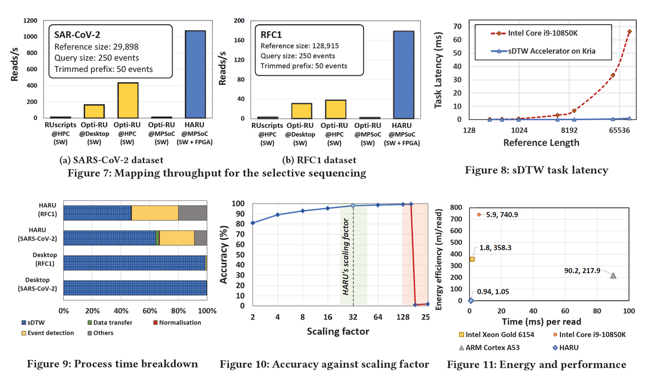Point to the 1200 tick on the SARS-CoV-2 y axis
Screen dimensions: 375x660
point(30,21)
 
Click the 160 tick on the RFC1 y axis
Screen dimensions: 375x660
point(239,40)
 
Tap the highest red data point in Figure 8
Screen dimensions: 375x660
point(629,32)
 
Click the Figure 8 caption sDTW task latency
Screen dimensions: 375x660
point(536,170)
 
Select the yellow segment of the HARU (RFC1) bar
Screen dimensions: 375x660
point(155,213)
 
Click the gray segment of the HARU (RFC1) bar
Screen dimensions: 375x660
point(193,213)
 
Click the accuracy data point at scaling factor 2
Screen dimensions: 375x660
point(252,223)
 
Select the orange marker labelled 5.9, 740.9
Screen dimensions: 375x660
point(479,215)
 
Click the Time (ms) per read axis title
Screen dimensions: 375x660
point(549,322)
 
